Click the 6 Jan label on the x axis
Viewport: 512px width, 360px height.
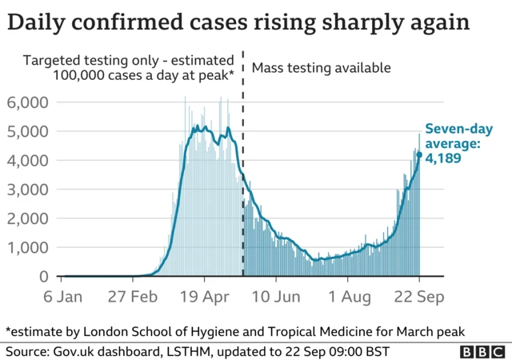point(62,297)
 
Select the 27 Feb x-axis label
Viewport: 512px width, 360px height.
point(133,297)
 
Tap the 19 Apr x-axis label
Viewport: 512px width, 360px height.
point(205,297)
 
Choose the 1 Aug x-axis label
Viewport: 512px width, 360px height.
point(347,297)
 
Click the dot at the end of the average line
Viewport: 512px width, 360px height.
point(419,154)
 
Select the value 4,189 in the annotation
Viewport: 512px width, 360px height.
point(443,158)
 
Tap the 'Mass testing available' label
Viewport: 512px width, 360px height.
point(321,68)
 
